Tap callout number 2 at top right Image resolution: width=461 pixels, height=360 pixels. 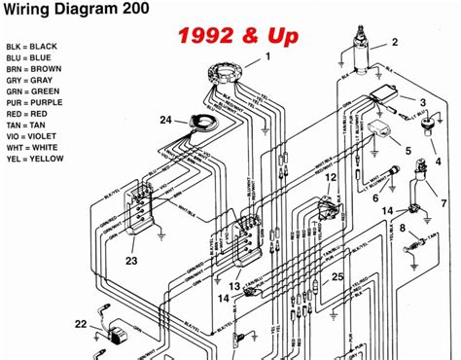click(395, 42)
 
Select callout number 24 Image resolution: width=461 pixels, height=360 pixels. click(165, 121)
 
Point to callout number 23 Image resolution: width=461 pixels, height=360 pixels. click(130, 260)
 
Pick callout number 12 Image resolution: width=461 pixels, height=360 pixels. click(331, 178)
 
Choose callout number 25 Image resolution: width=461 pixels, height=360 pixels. click(337, 277)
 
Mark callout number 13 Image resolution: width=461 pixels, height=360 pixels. click(233, 286)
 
